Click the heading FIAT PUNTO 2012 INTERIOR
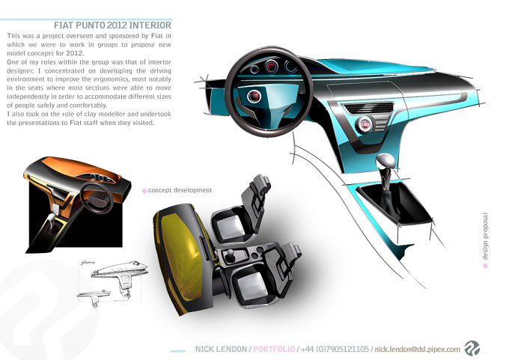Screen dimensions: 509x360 point(112,25)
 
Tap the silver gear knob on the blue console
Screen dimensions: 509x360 point(385,161)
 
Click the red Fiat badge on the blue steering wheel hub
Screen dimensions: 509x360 point(254,96)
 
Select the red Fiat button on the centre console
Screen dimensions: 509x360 point(365,124)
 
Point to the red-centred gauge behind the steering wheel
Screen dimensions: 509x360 point(272,67)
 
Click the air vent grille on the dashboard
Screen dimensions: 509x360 point(369,108)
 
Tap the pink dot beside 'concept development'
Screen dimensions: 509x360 point(144,191)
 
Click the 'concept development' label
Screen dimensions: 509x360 point(180,190)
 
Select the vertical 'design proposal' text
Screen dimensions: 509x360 point(485,236)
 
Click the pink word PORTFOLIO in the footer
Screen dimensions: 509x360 point(274,349)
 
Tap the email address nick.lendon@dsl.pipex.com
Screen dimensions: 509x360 point(418,350)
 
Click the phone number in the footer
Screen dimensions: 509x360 point(335,349)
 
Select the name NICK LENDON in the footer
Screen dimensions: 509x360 point(221,349)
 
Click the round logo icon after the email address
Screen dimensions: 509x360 point(472,348)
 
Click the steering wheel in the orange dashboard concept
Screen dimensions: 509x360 point(97,198)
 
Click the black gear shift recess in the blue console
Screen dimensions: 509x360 point(395,204)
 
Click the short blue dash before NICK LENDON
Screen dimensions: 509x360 point(178,351)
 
